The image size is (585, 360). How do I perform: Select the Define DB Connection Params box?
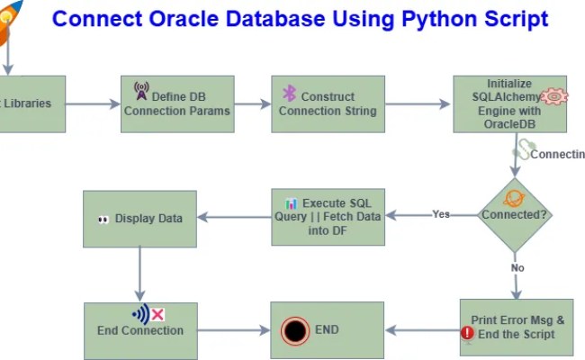[177, 104]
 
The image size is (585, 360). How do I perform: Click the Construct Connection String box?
[328, 104]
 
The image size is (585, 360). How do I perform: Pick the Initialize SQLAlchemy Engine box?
[509, 104]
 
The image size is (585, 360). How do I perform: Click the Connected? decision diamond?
[514, 214]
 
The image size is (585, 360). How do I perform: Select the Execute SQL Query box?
[328, 216]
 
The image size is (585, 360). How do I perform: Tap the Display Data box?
[139, 219]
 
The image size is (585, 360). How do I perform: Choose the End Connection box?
[139, 330]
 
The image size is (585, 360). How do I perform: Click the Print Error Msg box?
[515, 328]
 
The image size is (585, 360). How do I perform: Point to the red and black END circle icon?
[293, 330]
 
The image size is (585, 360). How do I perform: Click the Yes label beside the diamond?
[441, 214]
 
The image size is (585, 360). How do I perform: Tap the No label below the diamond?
[517, 267]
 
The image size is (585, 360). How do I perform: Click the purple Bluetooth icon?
[289, 94]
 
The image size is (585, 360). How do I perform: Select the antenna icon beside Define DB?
[140, 91]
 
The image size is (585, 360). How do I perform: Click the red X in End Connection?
[157, 314]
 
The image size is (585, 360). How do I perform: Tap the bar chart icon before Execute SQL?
[291, 203]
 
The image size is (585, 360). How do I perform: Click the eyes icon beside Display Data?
[103, 219]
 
